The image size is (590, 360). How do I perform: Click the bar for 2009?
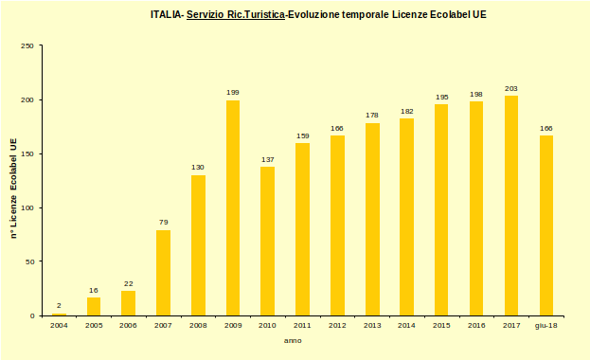click(233, 207)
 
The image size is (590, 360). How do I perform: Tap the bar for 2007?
click(163, 273)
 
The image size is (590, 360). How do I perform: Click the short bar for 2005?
click(94, 306)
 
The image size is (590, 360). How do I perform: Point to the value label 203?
click(511, 87)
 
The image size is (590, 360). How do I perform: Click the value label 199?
click(233, 92)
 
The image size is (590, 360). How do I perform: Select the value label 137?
click(267, 159)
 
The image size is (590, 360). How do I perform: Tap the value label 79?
click(163, 222)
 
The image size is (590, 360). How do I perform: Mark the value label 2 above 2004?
click(59, 305)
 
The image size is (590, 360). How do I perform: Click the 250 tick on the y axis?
click(27, 45)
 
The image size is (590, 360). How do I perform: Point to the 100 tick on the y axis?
click(27, 207)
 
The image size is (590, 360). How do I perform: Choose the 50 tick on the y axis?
click(29, 261)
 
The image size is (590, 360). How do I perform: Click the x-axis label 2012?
click(337, 325)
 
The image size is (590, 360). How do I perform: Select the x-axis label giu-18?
click(546, 325)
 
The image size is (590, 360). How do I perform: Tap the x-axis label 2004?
click(59, 325)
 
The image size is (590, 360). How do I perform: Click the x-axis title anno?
click(294, 340)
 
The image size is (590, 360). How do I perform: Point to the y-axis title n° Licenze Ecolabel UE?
click(13, 188)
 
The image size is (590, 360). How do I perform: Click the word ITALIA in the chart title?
click(166, 15)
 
